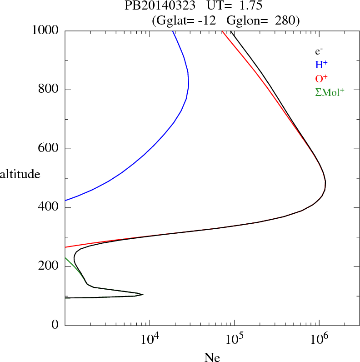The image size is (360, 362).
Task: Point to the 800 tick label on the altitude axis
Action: click(49, 90)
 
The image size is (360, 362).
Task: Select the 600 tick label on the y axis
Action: click(49, 149)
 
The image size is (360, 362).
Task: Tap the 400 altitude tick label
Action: click(49, 208)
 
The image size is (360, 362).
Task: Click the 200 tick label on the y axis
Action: click(49, 266)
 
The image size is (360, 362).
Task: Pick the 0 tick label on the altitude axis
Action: click(55, 325)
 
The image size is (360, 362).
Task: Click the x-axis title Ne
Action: click(212, 357)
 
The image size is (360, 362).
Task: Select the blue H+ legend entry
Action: click(322, 65)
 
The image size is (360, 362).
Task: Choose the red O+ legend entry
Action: click(322, 78)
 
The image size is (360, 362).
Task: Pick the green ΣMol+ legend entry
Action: click(330, 92)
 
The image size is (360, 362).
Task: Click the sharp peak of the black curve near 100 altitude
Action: click(143, 295)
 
